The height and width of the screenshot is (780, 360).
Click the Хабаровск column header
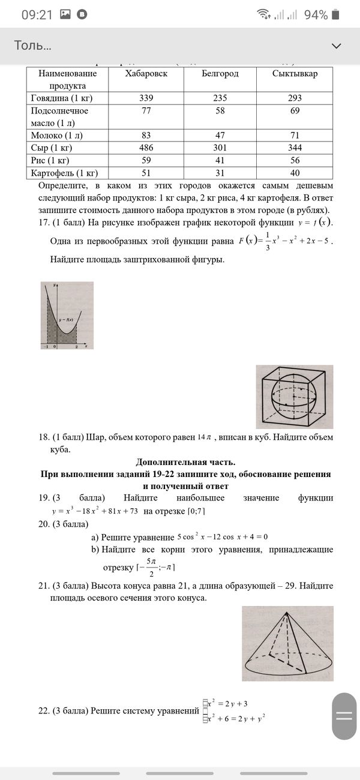click(146, 73)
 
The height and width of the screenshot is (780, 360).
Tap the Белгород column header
click(220, 73)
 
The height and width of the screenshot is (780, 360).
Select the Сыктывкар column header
click(295, 73)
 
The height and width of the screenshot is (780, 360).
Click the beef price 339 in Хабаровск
click(146, 98)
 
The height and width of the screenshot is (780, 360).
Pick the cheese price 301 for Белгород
click(220, 148)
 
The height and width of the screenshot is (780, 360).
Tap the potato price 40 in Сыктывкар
click(295, 173)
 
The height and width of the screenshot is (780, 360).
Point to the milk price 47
click(220, 136)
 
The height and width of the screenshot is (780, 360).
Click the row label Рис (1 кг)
click(50, 160)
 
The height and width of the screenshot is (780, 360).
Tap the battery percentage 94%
click(316, 15)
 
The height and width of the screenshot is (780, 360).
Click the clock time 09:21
click(37, 15)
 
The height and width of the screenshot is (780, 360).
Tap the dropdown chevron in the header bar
click(337, 46)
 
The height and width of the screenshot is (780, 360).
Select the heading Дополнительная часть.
click(185, 462)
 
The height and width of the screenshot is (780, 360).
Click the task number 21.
click(43, 586)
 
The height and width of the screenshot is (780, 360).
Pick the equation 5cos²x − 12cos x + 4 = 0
click(222, 536)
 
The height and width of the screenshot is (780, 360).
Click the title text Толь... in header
click(32, 46)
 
